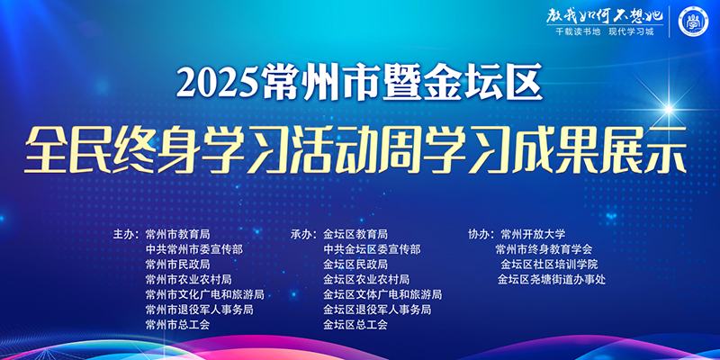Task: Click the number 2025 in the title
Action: coord(219,84)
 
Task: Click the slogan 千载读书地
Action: coord(566,39)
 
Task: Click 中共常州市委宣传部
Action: coord(193,249)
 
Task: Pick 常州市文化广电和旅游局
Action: coord(204,294)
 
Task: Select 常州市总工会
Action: coord(177,324)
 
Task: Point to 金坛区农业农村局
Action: coord(366,279)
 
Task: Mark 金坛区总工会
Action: coord(355,324)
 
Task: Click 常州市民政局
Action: coord(177,265)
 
